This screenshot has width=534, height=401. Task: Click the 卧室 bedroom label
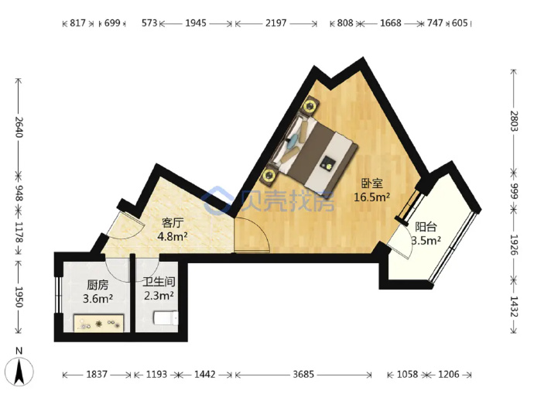click(x=372, y=183)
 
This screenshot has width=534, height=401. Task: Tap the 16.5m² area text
click(x=372, y=197)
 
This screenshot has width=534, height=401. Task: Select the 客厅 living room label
click(x=173, y=223)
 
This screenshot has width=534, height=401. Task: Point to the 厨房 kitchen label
click(x=98, y=285)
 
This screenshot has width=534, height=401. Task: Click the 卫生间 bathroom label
click(x=159, y=282)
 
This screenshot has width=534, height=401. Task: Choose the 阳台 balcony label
click(x=426, y=227)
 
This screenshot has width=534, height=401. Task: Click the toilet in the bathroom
click(x=166, y=318)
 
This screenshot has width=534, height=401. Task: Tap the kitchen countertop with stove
click(x=99, y=323)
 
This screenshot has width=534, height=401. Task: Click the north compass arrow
click(x=20, y=372)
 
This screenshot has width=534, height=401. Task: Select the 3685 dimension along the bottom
click(x=303, y=375)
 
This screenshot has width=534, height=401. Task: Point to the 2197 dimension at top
click(x=276, y=23)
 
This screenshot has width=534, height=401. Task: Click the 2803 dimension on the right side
click(x=514, y=122)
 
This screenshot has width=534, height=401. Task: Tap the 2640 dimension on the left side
click(x=19, y=127)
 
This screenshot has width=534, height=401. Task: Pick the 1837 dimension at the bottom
click(x=97, y=375)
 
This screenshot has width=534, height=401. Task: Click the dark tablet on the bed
click(x=327, y=163)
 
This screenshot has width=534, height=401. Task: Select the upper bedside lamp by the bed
click(x=310, y=105)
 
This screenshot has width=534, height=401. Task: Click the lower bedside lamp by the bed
click(x=270, y=175)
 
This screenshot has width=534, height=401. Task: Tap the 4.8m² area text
click(x=173, y=236)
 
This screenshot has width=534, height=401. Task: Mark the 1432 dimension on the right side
click(x=514, y=307)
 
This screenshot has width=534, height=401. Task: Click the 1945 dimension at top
click(x=196, y=23)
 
